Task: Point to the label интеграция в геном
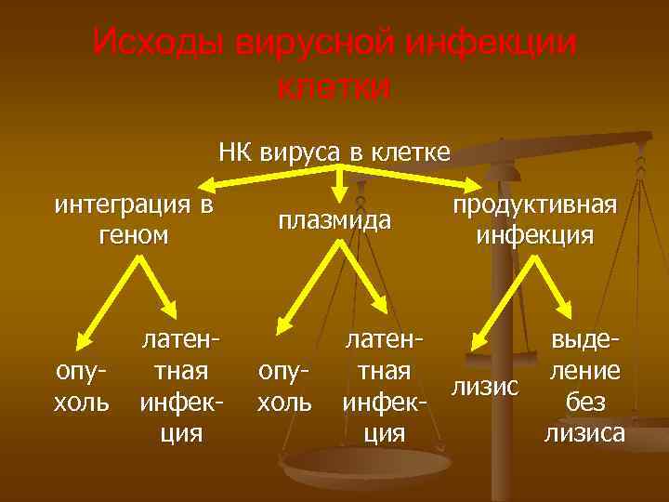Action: click(x=134, y=219)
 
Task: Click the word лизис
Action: click(x=483, y=385)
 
